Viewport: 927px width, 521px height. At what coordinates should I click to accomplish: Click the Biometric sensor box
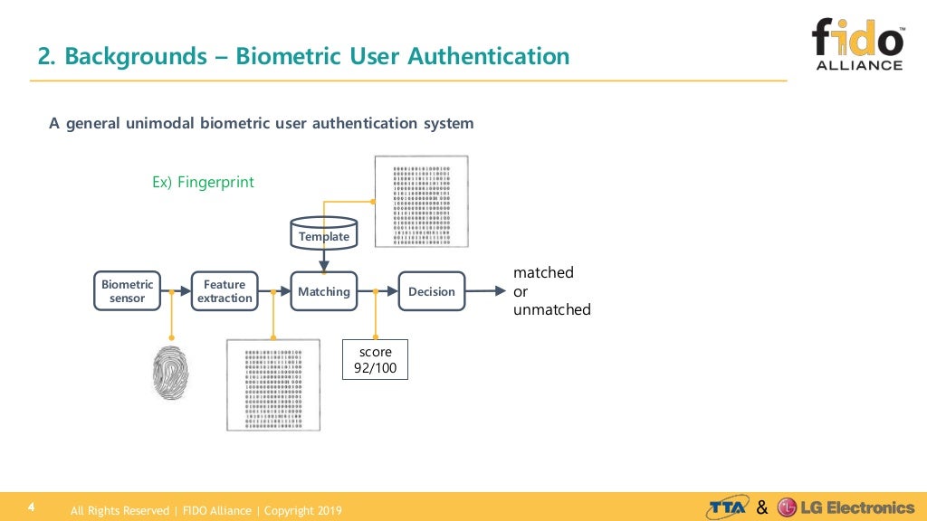click(127, 291)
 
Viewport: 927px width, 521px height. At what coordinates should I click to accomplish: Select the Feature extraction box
click(225, 291)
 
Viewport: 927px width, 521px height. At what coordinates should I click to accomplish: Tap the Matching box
click(323, 291)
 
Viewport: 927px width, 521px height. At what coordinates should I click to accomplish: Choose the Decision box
click(432, 291)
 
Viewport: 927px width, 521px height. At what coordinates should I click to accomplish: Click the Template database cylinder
click(323, 232)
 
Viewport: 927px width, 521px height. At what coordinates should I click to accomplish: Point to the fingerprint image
click(171, 374)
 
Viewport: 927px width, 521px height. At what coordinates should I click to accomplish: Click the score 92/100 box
click(375, 359)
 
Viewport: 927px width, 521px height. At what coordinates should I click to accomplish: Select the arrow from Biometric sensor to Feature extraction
click(176, 291)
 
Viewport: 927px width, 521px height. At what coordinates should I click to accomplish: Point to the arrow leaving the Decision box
click(485, 291)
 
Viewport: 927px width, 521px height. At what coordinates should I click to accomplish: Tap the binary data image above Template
click(421, 201)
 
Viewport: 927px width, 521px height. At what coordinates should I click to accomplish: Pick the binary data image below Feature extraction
click(272, 384)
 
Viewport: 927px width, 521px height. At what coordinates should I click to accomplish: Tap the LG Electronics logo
click(846, 507)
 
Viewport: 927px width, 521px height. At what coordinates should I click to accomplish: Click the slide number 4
click(31, 507)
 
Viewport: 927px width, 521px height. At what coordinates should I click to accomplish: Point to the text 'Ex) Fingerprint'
click(203, 183)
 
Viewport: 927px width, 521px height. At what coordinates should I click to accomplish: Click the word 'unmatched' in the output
click(552, 310)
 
